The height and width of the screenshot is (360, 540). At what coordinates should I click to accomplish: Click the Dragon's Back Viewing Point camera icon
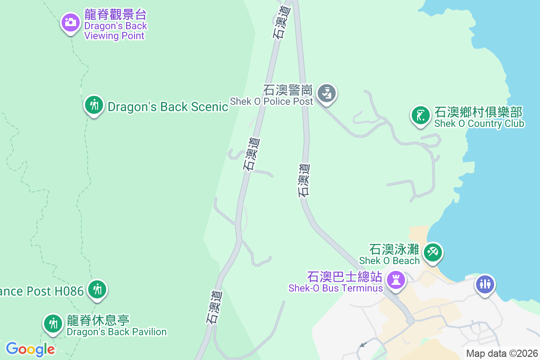click(x=70, y=21)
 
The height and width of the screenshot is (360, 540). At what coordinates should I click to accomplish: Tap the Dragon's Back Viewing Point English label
click(x=116, y=31)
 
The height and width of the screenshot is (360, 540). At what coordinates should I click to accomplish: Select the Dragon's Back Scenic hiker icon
click(x=94, y=105)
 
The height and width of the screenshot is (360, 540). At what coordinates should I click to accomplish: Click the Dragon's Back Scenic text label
click(x=168, y=107)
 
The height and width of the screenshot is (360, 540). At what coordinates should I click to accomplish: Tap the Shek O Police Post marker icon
click(x=327, y=94)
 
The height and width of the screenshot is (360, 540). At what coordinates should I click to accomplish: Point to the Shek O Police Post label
click(x=271, y=101)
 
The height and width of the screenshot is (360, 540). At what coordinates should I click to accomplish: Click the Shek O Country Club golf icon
click(x=420, y=115)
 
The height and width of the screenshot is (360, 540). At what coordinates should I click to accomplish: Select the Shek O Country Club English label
click(x=479, y=123)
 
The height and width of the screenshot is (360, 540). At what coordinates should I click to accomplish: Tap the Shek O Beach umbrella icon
click(x=433, y=252)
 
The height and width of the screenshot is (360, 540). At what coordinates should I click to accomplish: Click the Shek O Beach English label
click(x=389, y=260)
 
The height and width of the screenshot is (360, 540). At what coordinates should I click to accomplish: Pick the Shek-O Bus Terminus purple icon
click(x=396, y=280)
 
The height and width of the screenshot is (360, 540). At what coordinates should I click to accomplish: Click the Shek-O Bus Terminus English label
click(x=336, y=288)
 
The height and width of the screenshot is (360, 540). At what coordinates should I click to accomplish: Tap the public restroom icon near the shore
click(x=485, y=284)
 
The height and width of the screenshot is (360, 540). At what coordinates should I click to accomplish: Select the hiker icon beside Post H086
click(x=97, y=288)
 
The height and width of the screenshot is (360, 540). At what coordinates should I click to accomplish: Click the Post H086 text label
click(x=41, y=291)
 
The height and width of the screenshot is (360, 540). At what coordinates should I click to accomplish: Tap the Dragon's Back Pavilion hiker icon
click(x=53, y=324)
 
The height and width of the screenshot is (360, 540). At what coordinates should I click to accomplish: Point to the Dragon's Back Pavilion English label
click(x=117, y=332)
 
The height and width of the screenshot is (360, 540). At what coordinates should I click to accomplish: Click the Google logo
click(x=30, y=349)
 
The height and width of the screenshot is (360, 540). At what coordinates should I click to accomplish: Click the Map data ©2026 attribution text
click(x=502, y=354)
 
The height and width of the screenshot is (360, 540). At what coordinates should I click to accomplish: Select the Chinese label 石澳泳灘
click(x=394, y=249)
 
